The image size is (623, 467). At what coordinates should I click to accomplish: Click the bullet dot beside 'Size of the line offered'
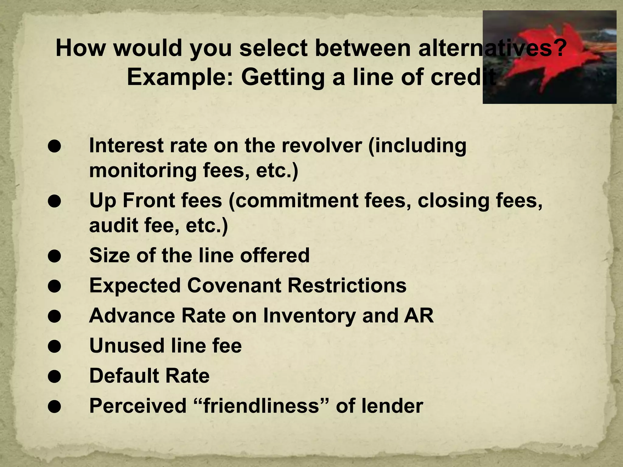[54, 256]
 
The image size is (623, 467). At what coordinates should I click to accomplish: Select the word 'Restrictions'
[347, 285]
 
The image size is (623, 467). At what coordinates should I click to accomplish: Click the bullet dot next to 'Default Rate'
[54, 376]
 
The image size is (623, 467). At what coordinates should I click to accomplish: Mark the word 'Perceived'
[138, 406]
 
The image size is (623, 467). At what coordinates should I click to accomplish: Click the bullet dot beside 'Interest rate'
[54, 146]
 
